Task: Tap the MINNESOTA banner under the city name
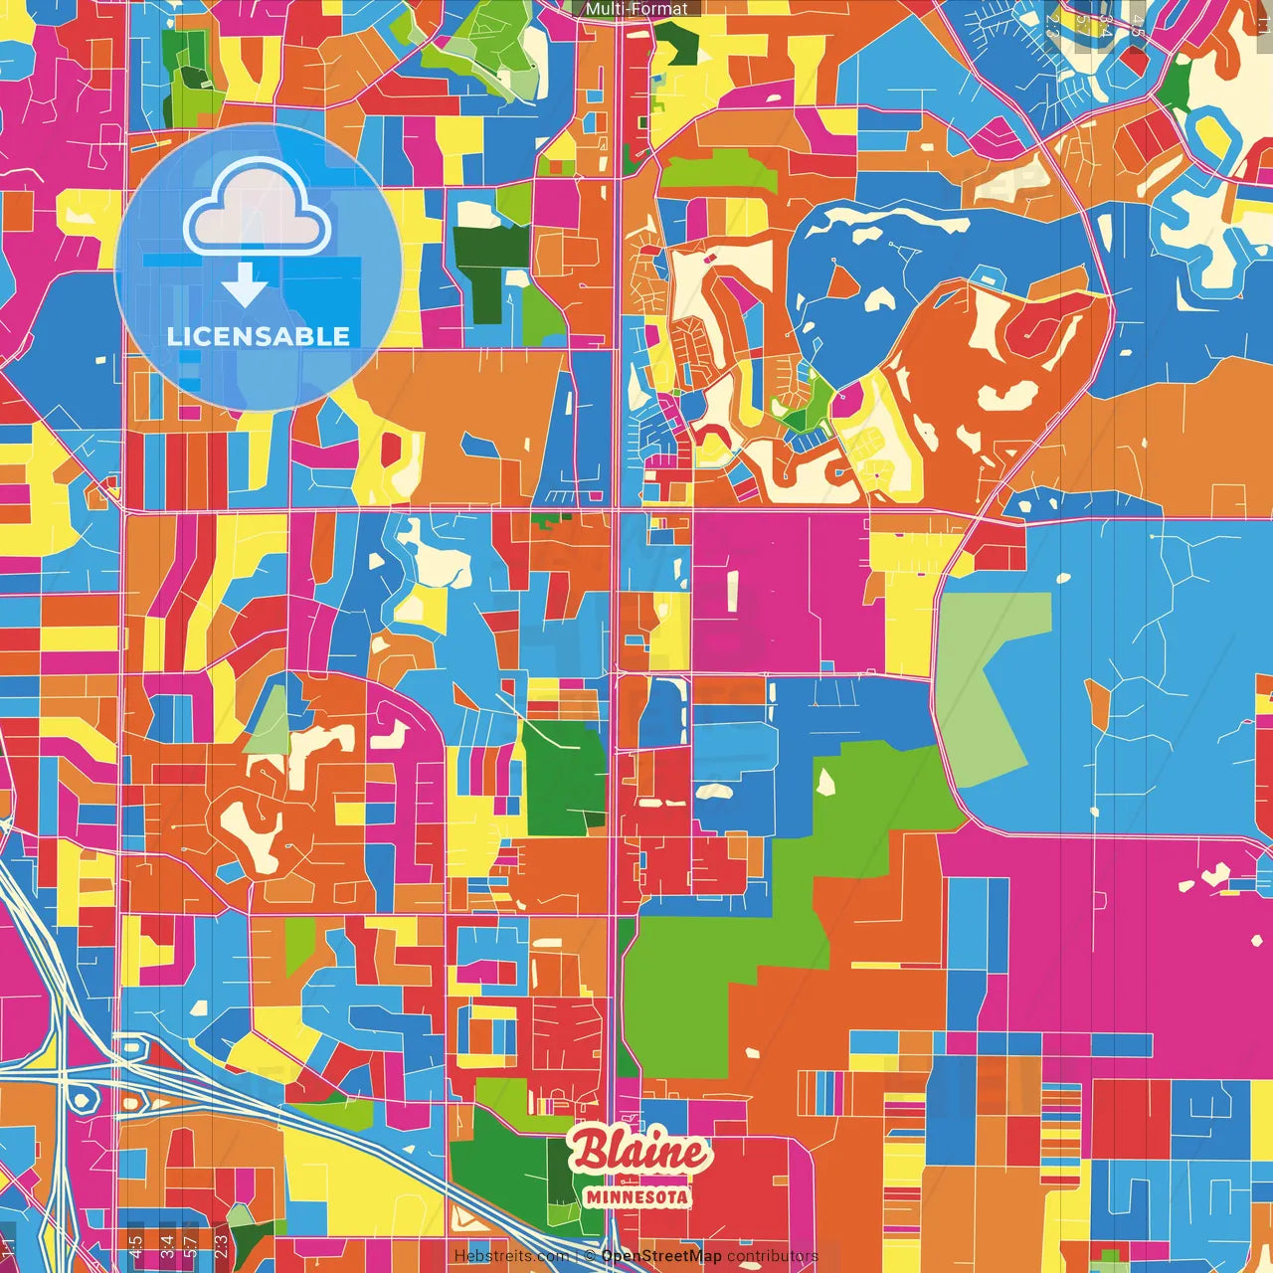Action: point(637,1196)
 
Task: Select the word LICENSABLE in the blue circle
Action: point(259,336)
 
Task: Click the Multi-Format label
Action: point(636,8)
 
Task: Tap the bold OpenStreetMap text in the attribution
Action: point(660,1256)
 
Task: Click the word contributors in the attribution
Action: point(772,1256)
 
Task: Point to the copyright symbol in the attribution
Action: point(589,1256)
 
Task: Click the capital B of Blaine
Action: point(588,1150)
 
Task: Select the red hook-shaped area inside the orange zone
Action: point(1034,328)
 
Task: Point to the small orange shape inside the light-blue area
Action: point(1098,702)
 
